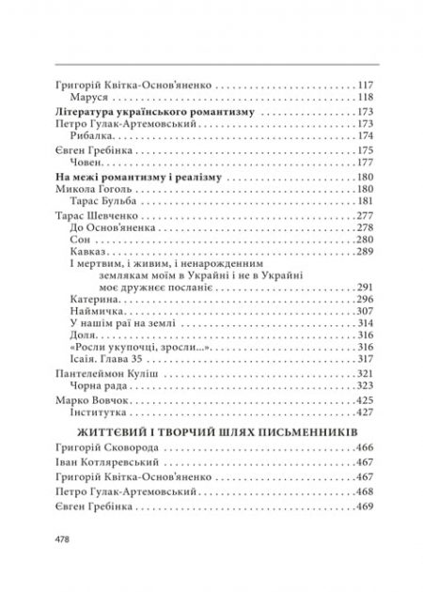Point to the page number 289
(367, 254)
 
